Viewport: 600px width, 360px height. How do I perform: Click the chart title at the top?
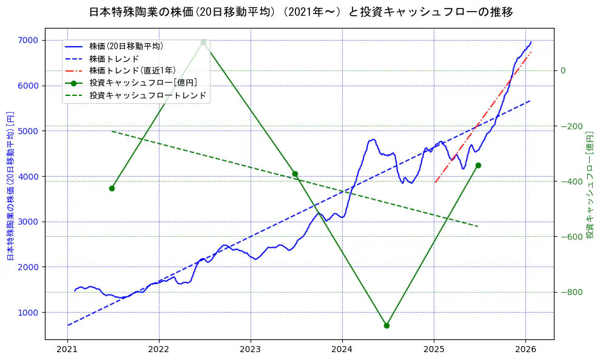300,12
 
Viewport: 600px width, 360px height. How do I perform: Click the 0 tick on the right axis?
562,70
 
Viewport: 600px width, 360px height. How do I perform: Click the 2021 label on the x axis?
67,349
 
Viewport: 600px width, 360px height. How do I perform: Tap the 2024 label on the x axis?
342,349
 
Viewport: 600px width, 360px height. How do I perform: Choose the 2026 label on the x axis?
525,349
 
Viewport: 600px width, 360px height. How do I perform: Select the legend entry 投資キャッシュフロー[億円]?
143,83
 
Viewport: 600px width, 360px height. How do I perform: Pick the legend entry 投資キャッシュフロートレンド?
147,95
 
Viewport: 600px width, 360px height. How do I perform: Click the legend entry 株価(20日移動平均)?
126,46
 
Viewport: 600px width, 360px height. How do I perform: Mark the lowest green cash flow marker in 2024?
386,325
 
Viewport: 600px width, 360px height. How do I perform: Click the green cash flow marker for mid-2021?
112,188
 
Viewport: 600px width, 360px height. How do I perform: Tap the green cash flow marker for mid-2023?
295,174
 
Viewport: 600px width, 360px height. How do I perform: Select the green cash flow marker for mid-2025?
478,165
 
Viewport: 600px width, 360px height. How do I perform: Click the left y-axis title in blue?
10,185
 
